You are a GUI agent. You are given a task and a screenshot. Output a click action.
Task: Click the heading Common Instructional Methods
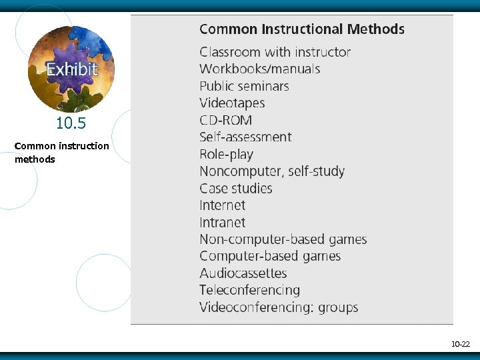[x=302, y=29]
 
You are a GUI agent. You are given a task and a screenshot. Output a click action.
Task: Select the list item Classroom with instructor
[x=275, y=52]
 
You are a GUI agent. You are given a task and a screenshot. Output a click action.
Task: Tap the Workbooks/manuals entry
[x=259, y=69]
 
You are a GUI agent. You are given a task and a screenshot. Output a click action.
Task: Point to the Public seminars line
[x=244, y=86]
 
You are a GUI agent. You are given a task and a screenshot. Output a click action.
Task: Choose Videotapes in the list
[x=232, y=103]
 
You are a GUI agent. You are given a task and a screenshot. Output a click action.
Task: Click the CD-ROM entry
[x=225, y=120]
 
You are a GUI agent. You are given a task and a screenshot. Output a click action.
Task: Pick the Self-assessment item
[x=245, y=137]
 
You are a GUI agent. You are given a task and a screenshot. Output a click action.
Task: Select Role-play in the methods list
[x=226, y=154]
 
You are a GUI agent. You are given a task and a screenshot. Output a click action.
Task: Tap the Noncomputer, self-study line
[x=272, y=171]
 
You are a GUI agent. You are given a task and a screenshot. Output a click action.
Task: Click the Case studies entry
[x=236, y=189]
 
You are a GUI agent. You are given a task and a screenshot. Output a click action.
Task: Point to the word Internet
[x=222, y=205]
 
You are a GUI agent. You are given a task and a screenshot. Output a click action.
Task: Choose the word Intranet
[x=222, y=223]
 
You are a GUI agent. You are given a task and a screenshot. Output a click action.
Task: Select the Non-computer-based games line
[x=283, y=239]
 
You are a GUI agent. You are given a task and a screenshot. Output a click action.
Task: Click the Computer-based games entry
[x=270, y=257]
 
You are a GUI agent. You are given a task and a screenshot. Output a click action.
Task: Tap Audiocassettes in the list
[x=243, y=273]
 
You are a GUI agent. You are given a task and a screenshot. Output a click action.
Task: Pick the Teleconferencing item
[x=249, y=291]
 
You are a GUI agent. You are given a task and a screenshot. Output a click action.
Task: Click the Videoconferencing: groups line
[x=279, y=307]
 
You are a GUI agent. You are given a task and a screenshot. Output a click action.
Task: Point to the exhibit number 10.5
[x=71, y=123]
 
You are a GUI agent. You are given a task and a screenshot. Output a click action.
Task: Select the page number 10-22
[x=461, y=345]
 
